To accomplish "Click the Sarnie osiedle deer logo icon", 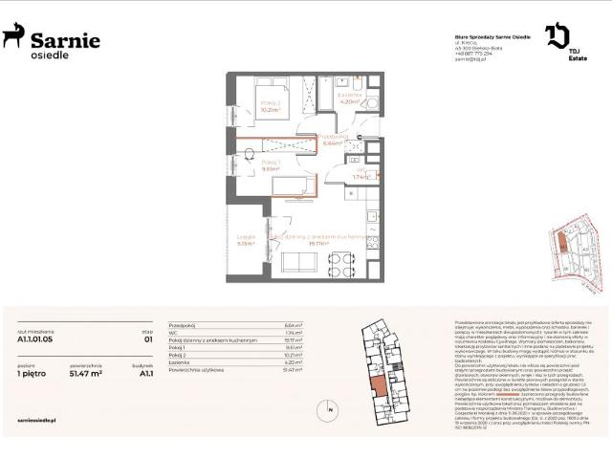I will pos(13,37).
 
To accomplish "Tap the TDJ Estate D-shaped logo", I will pos(557,36).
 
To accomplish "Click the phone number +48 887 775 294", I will pos(472,54).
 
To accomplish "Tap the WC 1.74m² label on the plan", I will pos(361,175).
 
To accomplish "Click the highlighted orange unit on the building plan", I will pos(381,386).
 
